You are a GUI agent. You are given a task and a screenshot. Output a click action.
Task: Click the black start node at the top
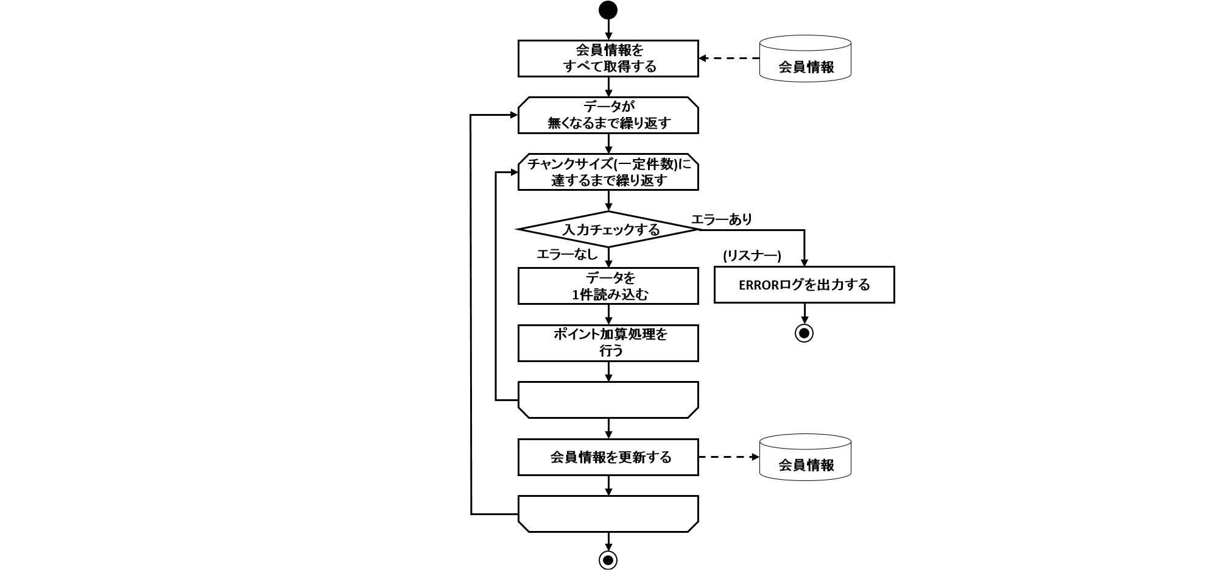[x=608, y=10]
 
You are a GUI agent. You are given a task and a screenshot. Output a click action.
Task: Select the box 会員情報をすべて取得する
[x=608, y=59]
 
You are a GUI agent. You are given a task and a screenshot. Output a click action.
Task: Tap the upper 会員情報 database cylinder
[x=805, y=59]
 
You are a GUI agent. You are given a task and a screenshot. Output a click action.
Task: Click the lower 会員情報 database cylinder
[x=805, y=457]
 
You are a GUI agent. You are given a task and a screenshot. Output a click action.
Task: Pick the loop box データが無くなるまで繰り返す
[x=608, y=115]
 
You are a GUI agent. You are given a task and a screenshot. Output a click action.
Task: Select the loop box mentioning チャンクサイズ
[x=608, y=172]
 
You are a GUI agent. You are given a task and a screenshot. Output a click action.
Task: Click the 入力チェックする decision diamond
[x=608, y=230]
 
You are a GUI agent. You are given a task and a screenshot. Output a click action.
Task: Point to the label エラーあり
[x=722, y=219]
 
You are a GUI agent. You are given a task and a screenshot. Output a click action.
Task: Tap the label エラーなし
[x=566, y=255]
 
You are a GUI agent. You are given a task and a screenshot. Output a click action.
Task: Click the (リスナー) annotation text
[x=752, y=256]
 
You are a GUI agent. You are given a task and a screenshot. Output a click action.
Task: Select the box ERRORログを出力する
[x=804, y=285]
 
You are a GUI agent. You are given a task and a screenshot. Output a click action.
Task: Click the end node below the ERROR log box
[x=804, y=333]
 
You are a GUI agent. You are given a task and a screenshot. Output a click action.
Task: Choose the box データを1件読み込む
[x=608, y=286]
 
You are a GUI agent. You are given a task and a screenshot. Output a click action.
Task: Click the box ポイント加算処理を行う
[x=608, y=343]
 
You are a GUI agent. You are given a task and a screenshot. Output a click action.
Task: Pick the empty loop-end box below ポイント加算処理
[x=608, y=400]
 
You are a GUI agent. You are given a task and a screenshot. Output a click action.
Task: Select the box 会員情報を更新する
[x=608, y=457]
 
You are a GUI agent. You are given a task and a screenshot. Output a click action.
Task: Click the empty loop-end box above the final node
[x=608, y=514]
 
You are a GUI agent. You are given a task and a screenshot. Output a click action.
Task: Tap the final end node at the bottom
[x=608, y=560]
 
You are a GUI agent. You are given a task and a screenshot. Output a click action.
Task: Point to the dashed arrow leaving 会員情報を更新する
[x=728, y=457]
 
